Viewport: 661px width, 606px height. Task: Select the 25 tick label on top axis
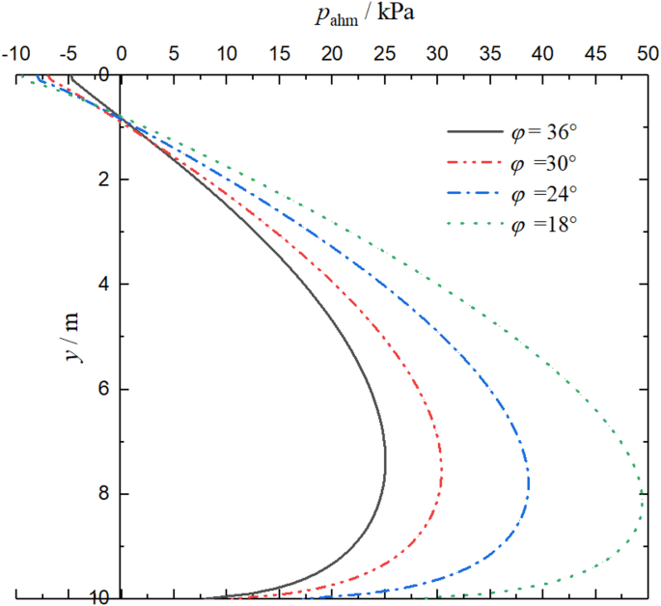(x=384, y=54)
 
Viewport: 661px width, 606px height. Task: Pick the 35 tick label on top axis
(x=489, y=54)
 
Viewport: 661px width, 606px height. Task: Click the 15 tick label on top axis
(x=279, y=54)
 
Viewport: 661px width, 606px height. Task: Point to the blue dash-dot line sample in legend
(x=475, y=194)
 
